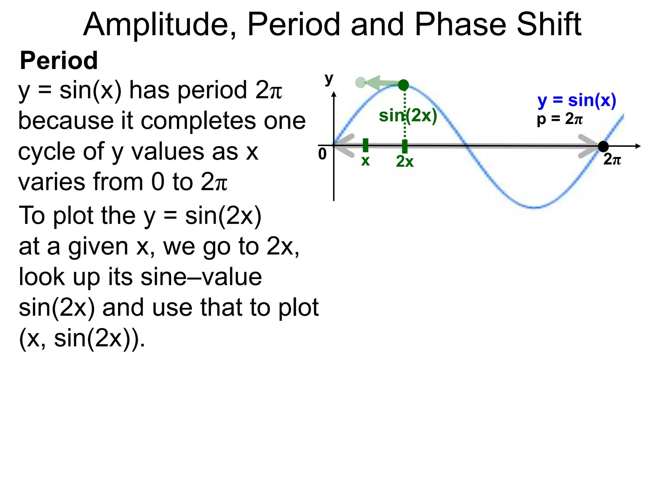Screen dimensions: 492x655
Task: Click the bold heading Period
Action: [x=59, y=61]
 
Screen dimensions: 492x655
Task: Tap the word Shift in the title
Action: [x=549, y=25]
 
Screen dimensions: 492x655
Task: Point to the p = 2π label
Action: [x=560, y=119]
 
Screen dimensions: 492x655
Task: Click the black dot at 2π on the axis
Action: [x=603, y=146]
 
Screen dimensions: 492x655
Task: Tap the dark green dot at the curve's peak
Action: [x=404, y=85]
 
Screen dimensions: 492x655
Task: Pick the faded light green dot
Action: [x=360, y=83]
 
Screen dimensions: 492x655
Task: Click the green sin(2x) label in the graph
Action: [x=408, y=115]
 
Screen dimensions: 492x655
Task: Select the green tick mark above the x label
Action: [x=366, y=145]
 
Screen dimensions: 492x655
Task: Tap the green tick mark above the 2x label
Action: [x=405, y=146]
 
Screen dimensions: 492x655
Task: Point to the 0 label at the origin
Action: [x=322, y=154]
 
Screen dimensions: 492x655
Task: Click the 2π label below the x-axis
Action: [x=612, y=159]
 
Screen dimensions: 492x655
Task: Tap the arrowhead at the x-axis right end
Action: [x=638, y=146]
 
